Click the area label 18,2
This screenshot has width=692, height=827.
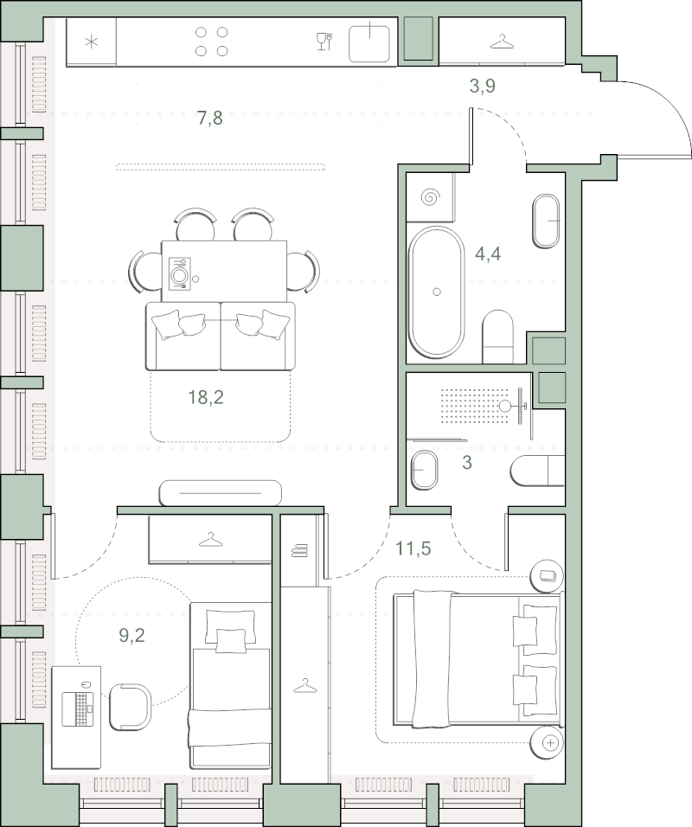206,397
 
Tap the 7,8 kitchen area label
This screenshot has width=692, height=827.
210,119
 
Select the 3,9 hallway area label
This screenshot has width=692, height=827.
483,86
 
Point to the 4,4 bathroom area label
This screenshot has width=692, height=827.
488,254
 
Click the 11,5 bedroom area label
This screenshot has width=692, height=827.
413,548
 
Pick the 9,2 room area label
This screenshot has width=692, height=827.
131,636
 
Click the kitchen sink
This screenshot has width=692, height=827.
369,42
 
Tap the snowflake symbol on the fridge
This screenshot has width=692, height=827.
92,42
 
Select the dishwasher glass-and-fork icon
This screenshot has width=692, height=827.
324,42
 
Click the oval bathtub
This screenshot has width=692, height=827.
436,292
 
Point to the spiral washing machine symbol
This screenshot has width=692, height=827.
431,197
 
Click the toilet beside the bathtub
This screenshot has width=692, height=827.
498,336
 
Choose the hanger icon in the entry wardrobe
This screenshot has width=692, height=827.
502,42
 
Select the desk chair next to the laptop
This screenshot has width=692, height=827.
131,707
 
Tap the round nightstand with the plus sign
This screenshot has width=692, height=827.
547,742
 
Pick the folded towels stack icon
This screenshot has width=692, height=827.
299,551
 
